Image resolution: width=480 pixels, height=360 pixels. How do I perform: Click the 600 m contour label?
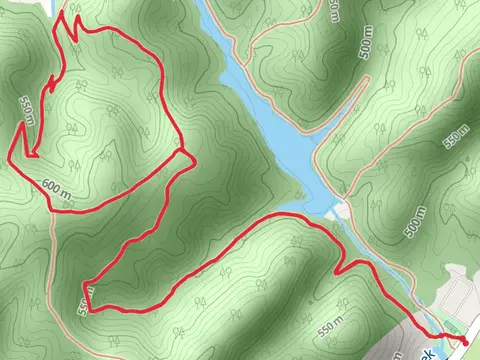pyautogui.click(x=58, y=185)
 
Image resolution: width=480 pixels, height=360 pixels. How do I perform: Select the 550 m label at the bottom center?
pyautogui.click(x=329, y=327)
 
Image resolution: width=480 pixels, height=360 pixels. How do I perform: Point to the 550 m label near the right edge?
pyautogui.click(x=457, y=134)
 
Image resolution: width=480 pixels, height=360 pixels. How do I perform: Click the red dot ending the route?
pyautogui.click(x=465, y=342)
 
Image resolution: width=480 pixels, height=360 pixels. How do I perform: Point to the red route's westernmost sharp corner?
pyautogui.click(x=11, y=156)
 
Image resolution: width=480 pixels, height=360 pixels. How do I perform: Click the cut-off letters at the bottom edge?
pyautogui.click(x=430, y=354)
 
